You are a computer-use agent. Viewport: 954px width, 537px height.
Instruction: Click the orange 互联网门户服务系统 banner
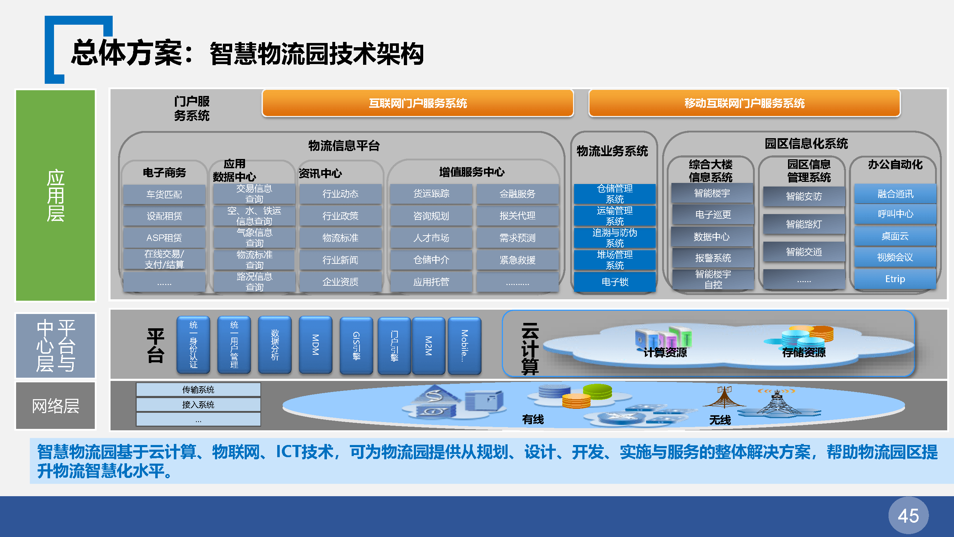point(418,103)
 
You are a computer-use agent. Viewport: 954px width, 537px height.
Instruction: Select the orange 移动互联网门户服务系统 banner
point(744,103)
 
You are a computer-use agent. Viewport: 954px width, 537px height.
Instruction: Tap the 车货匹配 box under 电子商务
point(164,194)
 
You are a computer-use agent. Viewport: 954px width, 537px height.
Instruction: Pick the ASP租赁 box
point(164,238)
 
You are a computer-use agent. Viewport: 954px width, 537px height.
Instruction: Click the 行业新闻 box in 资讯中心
point(340,260)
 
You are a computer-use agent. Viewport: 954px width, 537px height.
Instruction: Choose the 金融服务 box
point(517,194)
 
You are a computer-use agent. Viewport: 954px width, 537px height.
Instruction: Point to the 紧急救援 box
point(517,260)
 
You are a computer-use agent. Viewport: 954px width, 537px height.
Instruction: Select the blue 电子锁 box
point(615,282)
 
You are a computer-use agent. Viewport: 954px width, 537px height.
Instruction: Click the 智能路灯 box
point(804,224)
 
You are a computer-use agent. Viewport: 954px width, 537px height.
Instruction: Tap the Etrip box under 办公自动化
point(895,279)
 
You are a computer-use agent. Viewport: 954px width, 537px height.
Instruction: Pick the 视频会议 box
point(895,257)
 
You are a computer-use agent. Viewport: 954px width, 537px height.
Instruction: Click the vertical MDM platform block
point(315,345)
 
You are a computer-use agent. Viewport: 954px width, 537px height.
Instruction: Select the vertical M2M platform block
point(429,346)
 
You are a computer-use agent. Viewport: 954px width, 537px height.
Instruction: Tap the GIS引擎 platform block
point(356,346)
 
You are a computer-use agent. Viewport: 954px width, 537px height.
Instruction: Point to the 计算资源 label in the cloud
point(665,352)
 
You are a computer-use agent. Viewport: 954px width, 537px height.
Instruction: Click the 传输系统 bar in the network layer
point(198,390)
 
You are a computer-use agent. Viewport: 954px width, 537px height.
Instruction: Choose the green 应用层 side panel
point(55,195)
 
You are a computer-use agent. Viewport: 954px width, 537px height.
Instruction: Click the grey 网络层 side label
point(55,406)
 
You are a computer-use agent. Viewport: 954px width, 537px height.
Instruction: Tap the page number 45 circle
point(909,516)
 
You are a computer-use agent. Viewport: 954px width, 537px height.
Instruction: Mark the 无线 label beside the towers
point(720,420)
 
